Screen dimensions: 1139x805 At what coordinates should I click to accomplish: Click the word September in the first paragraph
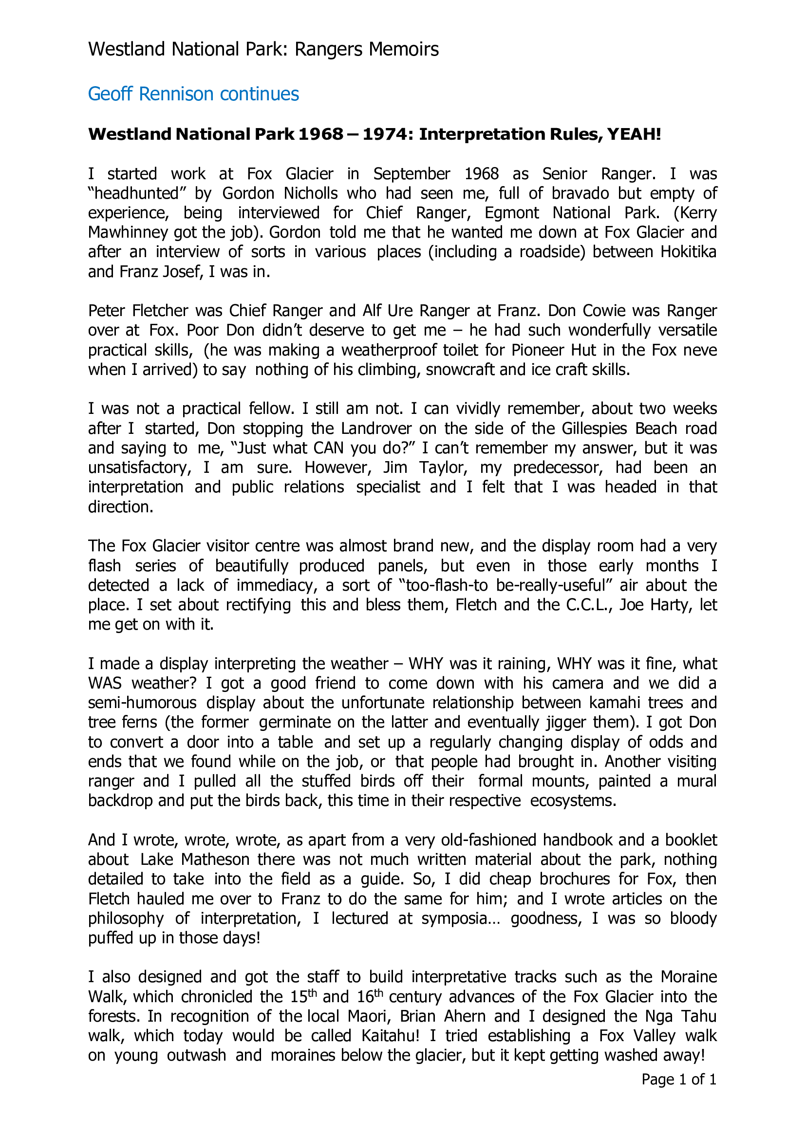point(412,174)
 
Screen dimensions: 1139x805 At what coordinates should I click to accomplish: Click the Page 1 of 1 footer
point(678,1080)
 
